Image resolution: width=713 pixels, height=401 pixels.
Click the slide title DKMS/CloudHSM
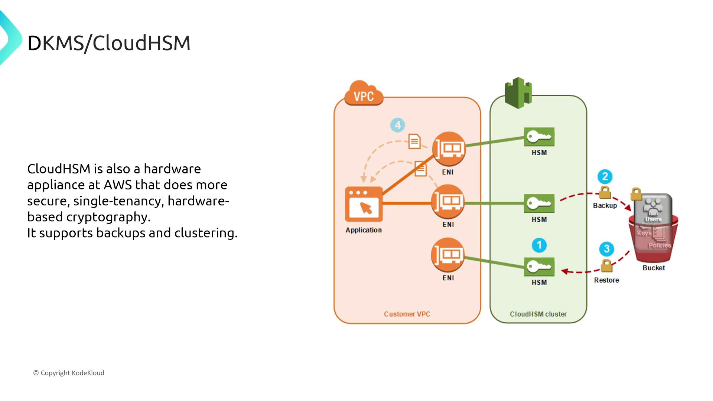click(x=109, y=43)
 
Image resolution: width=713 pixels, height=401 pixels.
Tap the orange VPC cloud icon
click(x=364, y=94)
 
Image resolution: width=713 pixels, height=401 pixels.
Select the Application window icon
click(x=364, y=204)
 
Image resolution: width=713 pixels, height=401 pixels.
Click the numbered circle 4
click(x=398, y=125)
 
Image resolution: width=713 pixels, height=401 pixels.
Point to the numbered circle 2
click(x=605, y=176)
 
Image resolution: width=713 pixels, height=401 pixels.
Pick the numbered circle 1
click(x=539, y=245)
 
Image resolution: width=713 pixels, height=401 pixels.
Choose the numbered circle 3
click(x=606, y=249)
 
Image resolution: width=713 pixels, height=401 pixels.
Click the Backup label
click(x=605, y=205)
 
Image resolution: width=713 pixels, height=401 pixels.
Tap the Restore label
click(x=606, y=280)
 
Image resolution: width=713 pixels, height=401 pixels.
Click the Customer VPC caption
click(x=407, y=314)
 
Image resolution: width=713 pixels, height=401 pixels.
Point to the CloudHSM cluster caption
click(x=538, y=314)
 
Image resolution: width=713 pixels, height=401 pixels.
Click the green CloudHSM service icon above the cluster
click(x=518, y=92)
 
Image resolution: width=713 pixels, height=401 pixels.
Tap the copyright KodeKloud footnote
click(x=69, y=373)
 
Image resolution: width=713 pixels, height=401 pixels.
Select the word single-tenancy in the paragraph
click(x=118, y=201)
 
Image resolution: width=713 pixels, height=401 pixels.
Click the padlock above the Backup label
click(x=605, y=193)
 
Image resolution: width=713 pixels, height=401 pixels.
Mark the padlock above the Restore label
click(x=606, y=265)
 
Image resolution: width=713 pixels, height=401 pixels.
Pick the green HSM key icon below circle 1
click(x=539, y=267)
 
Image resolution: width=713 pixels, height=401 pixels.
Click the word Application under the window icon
click(x=364, y=230)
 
